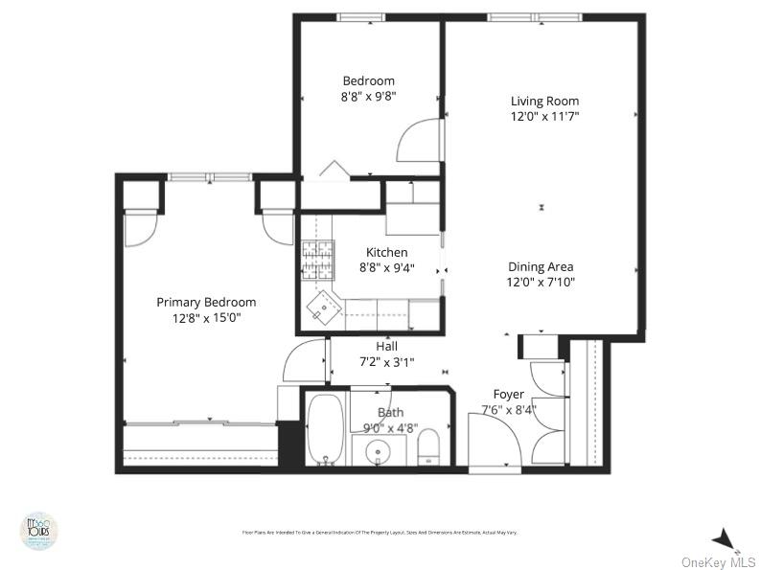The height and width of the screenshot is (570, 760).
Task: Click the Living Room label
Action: point(544,101)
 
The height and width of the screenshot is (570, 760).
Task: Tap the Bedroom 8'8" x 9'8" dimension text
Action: point(368,97)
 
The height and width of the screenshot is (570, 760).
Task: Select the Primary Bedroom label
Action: point(206,302)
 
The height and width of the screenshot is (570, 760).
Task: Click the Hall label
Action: point(386,346)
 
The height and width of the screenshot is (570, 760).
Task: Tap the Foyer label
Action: point(509,394)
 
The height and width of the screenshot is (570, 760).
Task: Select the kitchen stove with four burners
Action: point(321,259)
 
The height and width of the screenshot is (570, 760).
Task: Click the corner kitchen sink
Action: point(323,308)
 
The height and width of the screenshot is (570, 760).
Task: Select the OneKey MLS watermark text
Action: point(718,562)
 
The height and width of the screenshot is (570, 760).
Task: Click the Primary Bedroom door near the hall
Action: point(305,362)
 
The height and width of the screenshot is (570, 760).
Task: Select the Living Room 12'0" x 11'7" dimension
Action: point(544,116)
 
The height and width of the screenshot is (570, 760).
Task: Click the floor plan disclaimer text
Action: point(380,533)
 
